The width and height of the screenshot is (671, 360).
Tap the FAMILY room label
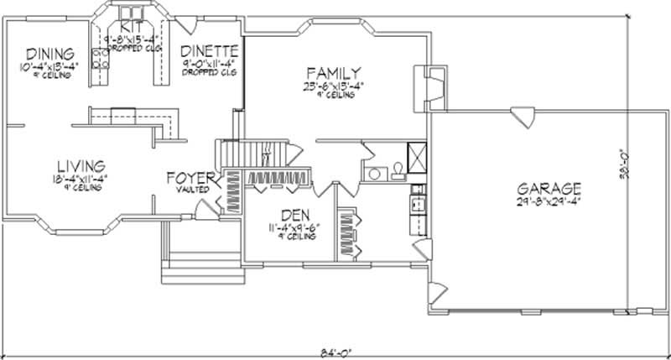tap(334, 73)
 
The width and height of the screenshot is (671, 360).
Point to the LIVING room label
tap(81, 164)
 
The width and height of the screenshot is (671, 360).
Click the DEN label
tap(297, 216)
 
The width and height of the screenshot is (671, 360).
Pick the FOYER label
tap(191, 177)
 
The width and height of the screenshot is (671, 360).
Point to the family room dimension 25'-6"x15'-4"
tap(334, 86)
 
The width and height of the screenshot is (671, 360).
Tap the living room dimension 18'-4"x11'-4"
tap(81, 177)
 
